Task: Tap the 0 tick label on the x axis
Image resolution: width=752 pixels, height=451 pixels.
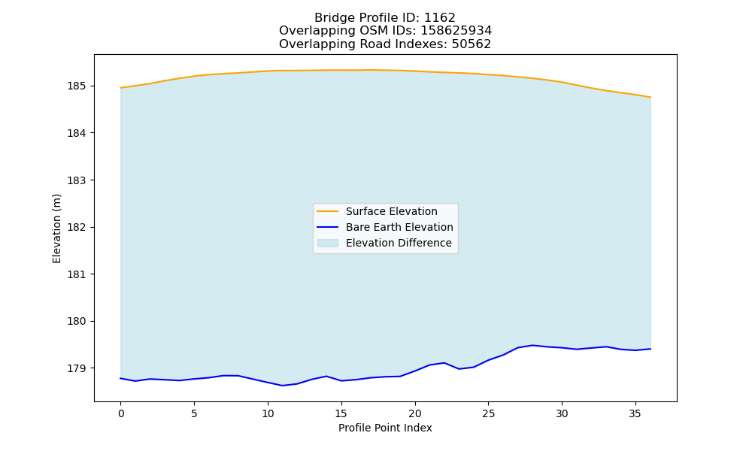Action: click(x=120, y=413)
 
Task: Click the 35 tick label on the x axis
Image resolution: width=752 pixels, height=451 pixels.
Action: click(x=635, y=413)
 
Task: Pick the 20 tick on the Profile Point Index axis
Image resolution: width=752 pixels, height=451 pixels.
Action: click(x=415, y=413)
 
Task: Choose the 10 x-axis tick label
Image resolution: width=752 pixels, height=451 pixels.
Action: click(x=268, y=413)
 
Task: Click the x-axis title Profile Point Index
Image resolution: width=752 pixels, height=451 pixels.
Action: click(x=385, y=428)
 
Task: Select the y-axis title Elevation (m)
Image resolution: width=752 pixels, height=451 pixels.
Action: click(x=56, y=229)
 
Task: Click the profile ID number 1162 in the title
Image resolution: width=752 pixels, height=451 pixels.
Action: click(x=440, y=18)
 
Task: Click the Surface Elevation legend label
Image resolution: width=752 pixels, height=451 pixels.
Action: click(x=391, y=211)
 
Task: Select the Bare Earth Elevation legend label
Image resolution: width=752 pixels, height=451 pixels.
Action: click(x=399, y=227)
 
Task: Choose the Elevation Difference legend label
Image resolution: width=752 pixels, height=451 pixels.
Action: click(x=399, y=243)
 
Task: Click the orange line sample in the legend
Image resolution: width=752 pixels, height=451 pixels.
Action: click(x=328, y=211)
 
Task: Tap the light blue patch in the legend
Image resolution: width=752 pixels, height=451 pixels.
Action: click(x=328, y=243)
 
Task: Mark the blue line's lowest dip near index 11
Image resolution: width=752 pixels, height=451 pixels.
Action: click(x=283, y=386)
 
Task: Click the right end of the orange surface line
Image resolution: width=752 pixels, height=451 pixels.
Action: click(x=650, y=97)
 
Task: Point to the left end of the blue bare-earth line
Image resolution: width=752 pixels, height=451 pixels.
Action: click(x=120, y=378)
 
